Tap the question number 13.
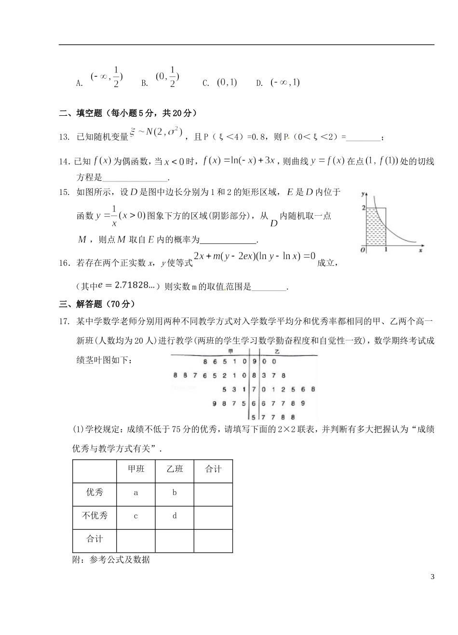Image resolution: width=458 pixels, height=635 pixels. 64,138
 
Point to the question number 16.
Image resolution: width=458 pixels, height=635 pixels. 65,263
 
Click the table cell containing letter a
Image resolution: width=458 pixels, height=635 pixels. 135,493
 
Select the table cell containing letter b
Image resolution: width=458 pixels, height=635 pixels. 175,493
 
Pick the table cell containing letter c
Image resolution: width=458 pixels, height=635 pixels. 135,516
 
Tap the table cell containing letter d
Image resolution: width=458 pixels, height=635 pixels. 175,516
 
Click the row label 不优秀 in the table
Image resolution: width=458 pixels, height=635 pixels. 94,516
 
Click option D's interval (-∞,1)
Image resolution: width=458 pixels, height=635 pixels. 285,83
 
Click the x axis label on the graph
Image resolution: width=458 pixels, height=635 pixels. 420,251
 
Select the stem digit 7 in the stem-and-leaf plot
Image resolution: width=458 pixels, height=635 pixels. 254,389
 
